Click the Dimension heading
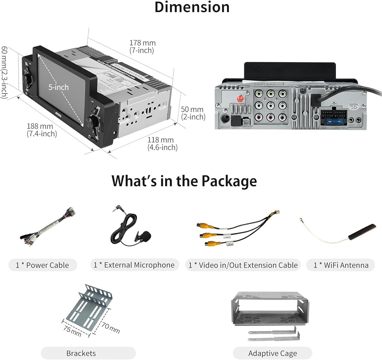(192, 7)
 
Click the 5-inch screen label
(58, 87)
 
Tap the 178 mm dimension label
(142, 47)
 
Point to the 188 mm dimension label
(42, 129)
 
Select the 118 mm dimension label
(162, 144)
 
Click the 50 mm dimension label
(193, 113)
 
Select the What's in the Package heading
(184, 181)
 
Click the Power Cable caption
(42, 265)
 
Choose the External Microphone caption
(134, 265)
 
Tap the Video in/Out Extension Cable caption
(243, 265)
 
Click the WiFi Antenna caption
(341, 265)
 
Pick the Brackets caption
(81, 353)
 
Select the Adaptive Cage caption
(272, 353)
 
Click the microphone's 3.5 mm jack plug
(115, 209)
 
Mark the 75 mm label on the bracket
(72, 330)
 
